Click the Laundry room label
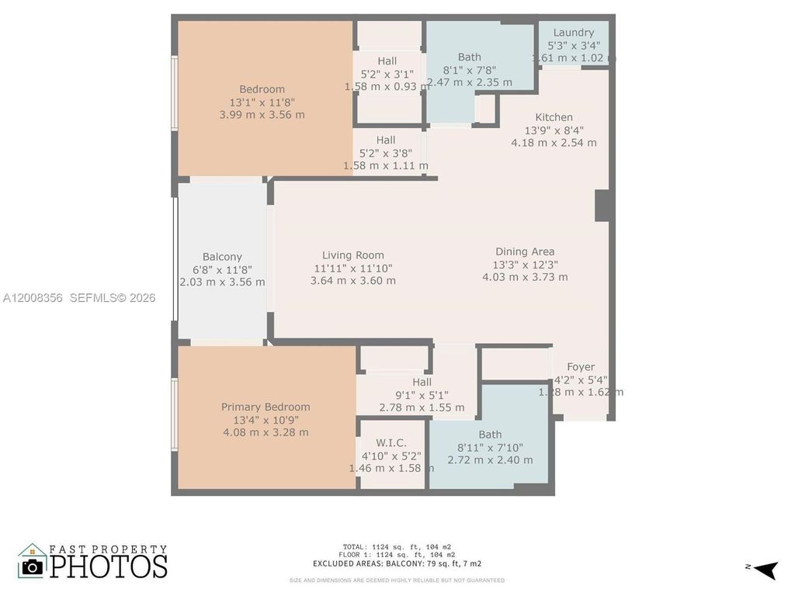point(574,33)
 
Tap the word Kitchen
point(554,117)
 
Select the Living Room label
point(353,255)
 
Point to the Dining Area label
point(525,251)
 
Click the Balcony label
point(222,257)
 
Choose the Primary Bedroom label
point(266,407)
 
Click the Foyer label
point(581,367)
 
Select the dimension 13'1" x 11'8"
point(262,102)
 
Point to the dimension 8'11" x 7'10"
point(490,447)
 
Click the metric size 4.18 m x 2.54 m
point(554,143)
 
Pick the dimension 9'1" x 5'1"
point(422,395)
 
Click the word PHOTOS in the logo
point(109,566)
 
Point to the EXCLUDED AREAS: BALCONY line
point(397,563)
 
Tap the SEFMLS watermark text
point(113,298)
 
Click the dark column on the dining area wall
point(603,205)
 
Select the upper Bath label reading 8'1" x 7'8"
point(469,57)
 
